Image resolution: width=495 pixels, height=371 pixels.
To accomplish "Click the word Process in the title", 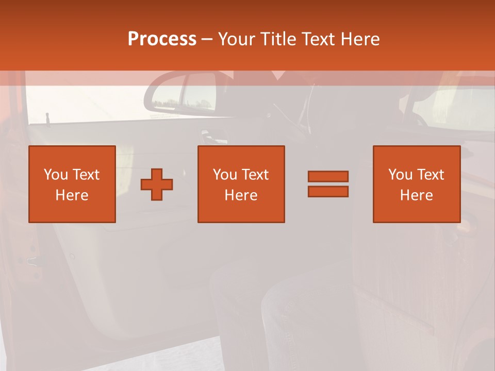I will [162, 39].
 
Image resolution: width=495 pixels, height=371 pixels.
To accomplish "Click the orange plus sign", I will [157, 184].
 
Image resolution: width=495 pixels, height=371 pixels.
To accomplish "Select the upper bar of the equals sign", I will [328, 176].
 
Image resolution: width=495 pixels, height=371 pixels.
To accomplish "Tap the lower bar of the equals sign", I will [328, 191].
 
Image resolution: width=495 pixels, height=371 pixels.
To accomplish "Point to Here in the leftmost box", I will [72, 195].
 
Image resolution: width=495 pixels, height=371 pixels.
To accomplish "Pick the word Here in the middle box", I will [241, 195].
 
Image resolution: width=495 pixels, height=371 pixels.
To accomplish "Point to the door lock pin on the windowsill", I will [47, 117].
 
